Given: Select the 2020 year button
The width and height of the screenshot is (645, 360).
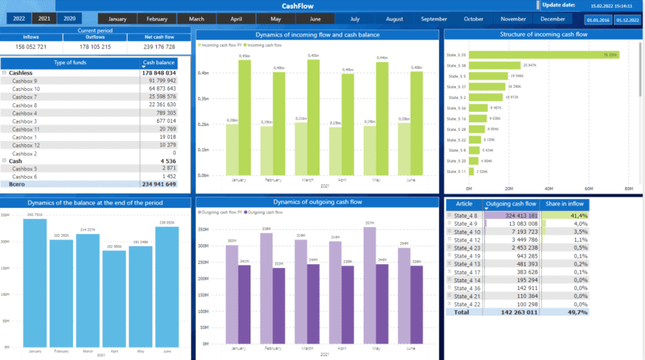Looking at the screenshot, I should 70,18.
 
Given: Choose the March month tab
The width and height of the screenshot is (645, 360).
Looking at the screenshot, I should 197,18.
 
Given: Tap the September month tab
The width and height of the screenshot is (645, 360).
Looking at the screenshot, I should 433,18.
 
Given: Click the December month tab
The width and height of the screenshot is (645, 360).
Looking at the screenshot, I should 552,18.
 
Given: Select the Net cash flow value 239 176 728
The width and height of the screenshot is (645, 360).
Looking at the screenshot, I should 159,47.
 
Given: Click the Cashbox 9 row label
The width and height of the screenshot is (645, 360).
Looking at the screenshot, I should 25,81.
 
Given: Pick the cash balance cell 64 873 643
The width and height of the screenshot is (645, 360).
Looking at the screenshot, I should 161,89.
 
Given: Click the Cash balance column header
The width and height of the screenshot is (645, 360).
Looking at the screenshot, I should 158,62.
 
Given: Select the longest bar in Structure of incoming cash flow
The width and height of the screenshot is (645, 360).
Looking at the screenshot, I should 543,56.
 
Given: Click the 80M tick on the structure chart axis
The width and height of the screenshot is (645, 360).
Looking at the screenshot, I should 628,189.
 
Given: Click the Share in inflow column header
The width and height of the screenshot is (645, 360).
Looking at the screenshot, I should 564,204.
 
